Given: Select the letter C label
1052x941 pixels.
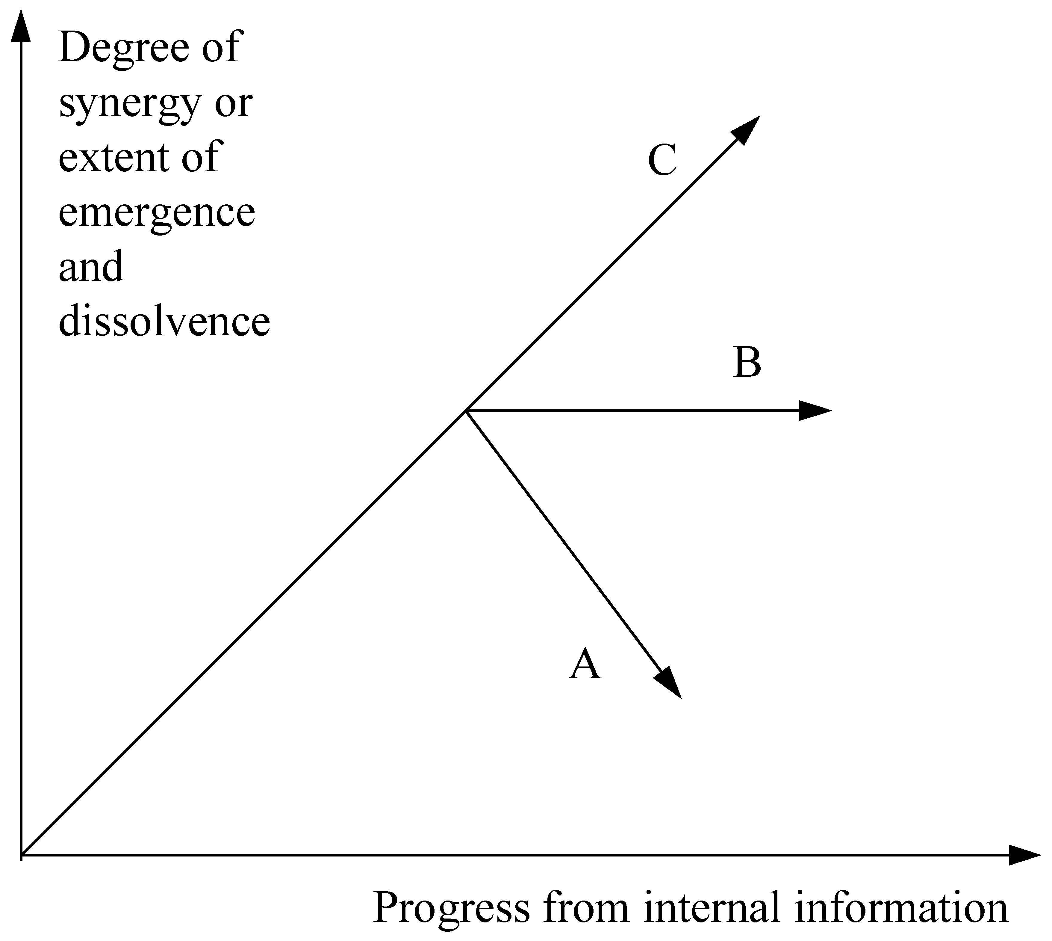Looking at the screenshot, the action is click(662, 160).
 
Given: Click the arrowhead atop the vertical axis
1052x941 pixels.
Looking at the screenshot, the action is click(21, 26).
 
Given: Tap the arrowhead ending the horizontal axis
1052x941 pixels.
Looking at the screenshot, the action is click(1023, 855).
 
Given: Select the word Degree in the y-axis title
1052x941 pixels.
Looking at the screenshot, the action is click(123, 48).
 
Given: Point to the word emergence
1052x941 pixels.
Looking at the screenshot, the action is click(157, 213).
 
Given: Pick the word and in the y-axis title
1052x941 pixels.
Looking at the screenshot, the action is click(91, 266).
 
